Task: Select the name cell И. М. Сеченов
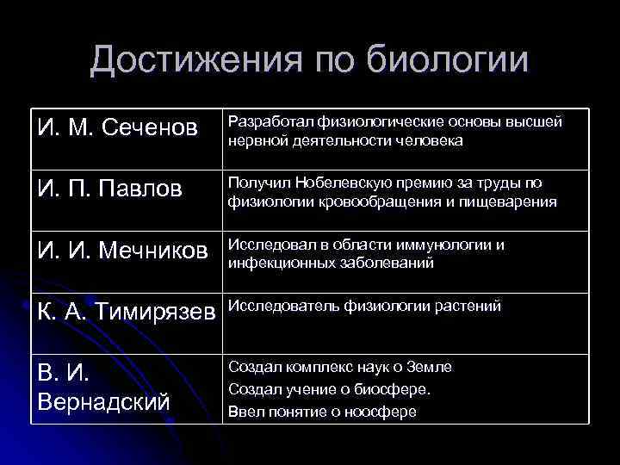click(x=119, y=129)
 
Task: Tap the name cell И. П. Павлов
click(x=110, y=189)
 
